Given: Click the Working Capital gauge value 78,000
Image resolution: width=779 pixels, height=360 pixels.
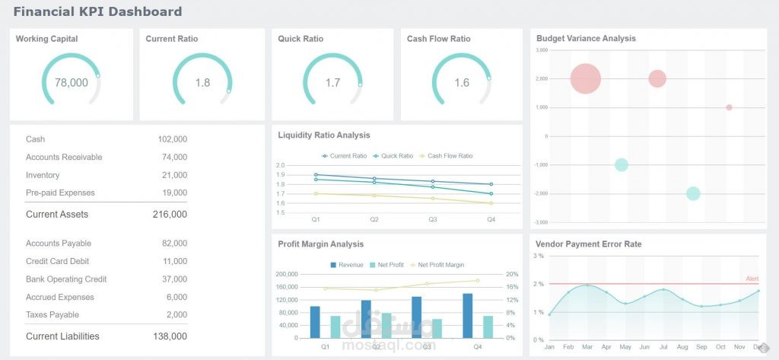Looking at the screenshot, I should point(72,82).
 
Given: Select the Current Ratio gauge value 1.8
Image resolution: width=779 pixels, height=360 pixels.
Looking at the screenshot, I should point(202,82).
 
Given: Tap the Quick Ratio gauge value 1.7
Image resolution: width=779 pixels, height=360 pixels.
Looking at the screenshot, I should point(332,82).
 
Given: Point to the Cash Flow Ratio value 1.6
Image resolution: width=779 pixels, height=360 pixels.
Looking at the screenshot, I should point(462,82).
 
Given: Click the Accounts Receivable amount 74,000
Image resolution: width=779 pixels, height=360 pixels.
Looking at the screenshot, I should point(172,158).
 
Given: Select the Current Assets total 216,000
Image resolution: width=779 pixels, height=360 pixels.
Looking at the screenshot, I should point(170,215).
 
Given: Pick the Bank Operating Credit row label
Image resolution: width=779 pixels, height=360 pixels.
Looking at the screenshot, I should point(66,279).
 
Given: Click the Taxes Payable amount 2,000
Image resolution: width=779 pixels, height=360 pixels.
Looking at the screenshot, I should point(176,315).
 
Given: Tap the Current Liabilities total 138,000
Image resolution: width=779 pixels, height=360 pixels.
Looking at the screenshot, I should point(170,336).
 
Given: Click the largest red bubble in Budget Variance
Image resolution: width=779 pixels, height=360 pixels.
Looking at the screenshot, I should point(586,78).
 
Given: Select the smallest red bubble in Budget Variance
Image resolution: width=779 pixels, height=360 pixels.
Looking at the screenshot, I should point(729,107).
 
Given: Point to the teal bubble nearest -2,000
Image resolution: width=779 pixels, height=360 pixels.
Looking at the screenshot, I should point(693,193).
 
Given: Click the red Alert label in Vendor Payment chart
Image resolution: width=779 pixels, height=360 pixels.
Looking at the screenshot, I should point(752,279).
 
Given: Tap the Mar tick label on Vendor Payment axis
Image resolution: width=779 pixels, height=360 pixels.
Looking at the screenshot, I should point(587,347).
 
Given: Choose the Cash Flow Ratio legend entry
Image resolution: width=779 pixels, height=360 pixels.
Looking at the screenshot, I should point(449,156).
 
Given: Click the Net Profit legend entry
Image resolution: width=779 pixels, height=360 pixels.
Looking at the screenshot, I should point(388,265).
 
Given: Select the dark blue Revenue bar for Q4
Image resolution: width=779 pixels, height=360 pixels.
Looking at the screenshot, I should point(468,316).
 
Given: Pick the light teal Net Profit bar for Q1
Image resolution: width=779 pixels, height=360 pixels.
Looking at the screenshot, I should point(335,327).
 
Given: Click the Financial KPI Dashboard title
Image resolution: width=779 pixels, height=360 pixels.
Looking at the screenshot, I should point(97,11).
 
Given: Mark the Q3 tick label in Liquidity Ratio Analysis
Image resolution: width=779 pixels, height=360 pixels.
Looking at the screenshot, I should point(432,219).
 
